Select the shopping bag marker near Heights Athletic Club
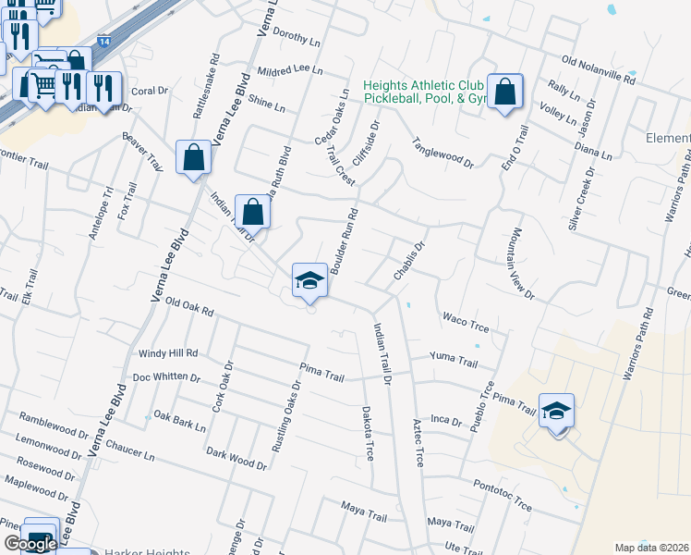click(x=505, y=92)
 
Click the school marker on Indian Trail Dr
click(x=309, y=281)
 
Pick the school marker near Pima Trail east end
click(x=556, y=411)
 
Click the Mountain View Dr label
click(x=521, y=264)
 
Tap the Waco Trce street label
click(x=465, y=320)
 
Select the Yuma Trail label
click(x=454, y=359)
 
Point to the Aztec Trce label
click(x=417, y=442)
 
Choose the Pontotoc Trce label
click(x=502, y=495)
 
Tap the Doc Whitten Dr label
click(x=166, y=377)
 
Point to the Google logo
click(x=30, y=544)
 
